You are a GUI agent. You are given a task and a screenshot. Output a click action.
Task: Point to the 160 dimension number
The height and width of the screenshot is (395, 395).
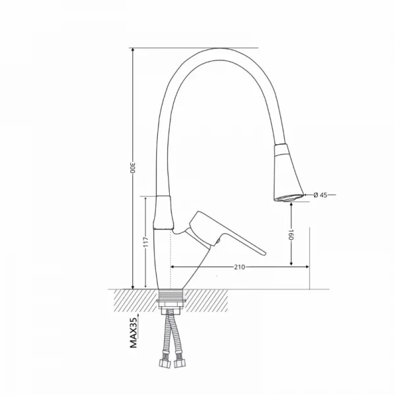290,234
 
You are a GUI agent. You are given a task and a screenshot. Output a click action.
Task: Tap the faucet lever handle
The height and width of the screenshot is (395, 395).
224,234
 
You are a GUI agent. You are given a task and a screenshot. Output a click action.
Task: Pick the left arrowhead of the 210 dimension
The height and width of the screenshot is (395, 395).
173,267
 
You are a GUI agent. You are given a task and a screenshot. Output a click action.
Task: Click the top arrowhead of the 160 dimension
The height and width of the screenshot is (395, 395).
290,205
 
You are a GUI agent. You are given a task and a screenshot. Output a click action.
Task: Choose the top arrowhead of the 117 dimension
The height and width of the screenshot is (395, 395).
145,197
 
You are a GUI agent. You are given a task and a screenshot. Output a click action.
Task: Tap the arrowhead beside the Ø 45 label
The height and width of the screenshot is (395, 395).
308,194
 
